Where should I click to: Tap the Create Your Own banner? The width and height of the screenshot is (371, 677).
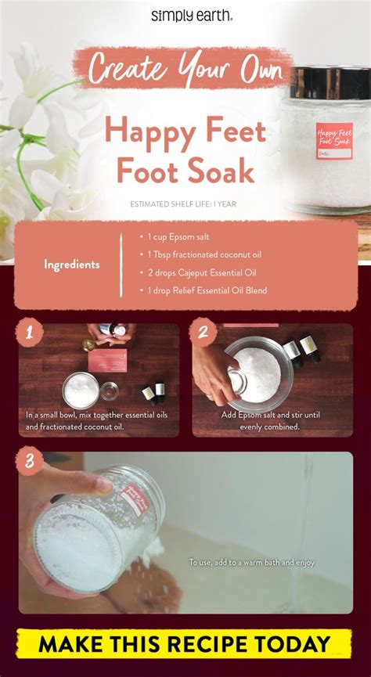coord(185,69)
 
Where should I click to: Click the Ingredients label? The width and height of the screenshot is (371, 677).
coord(71,265)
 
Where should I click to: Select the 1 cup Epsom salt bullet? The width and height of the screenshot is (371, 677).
coord(176,237)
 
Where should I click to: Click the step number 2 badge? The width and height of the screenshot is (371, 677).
coord(203,333)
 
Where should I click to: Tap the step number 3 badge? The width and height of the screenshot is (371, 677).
coord(28,461)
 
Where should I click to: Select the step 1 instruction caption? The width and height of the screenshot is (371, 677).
coord(96,421)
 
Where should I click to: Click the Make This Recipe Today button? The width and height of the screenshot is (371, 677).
coord(185,645)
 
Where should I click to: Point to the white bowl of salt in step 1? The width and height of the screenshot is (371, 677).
coord(81,389)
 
